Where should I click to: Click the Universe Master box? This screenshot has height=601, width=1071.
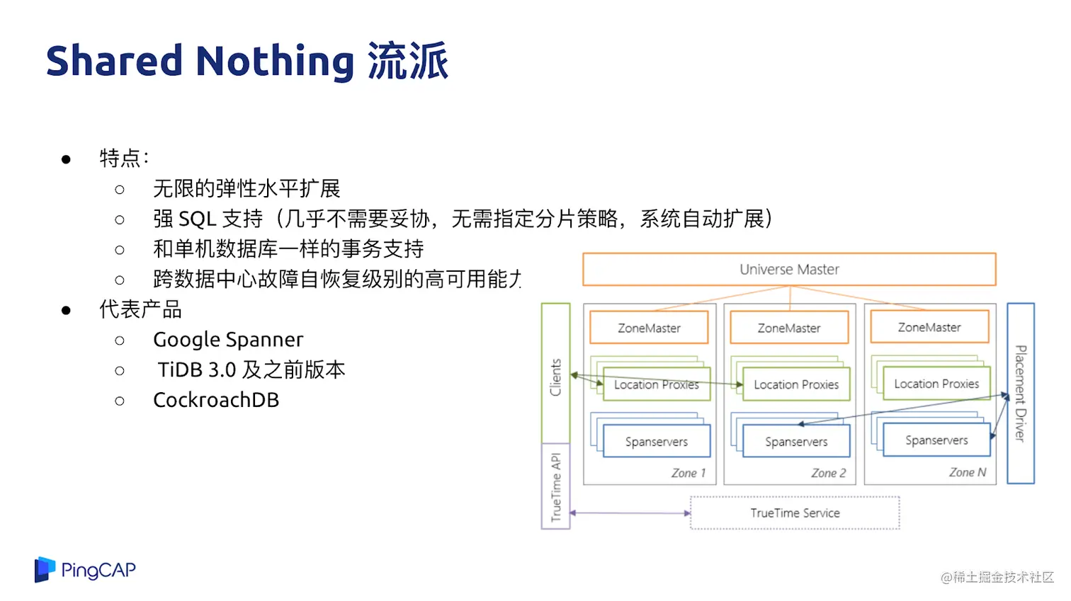tap(789, 270)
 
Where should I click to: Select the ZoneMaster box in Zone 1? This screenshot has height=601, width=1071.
tap(649, 328)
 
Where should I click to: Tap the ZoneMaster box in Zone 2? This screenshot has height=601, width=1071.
tap(789, 328)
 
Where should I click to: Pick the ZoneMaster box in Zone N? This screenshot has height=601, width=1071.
tap(929, 327)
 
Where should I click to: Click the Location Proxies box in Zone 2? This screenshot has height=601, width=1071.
tap(796, 384)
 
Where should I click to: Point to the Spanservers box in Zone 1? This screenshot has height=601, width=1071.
tap(656, 442)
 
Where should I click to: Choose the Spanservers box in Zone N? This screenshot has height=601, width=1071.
tap(936, 440)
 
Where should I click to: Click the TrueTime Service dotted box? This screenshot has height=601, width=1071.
tap(795, 513)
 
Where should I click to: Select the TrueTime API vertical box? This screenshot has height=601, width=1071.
tap(555, 486)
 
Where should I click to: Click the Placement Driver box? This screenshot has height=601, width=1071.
tap(1021, 394)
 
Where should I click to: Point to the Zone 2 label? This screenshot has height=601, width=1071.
tap(828, 473)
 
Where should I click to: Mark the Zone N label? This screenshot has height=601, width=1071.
tap(968, 472)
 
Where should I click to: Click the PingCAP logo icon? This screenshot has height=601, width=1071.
tap(45, 570)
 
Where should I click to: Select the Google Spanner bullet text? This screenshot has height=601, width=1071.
tap(228, 340)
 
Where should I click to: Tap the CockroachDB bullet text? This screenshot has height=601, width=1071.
tap(216, 400)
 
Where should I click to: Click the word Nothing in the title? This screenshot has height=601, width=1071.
tap(275, 61)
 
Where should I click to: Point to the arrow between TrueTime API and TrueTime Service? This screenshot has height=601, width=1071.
tap(630, 513)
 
